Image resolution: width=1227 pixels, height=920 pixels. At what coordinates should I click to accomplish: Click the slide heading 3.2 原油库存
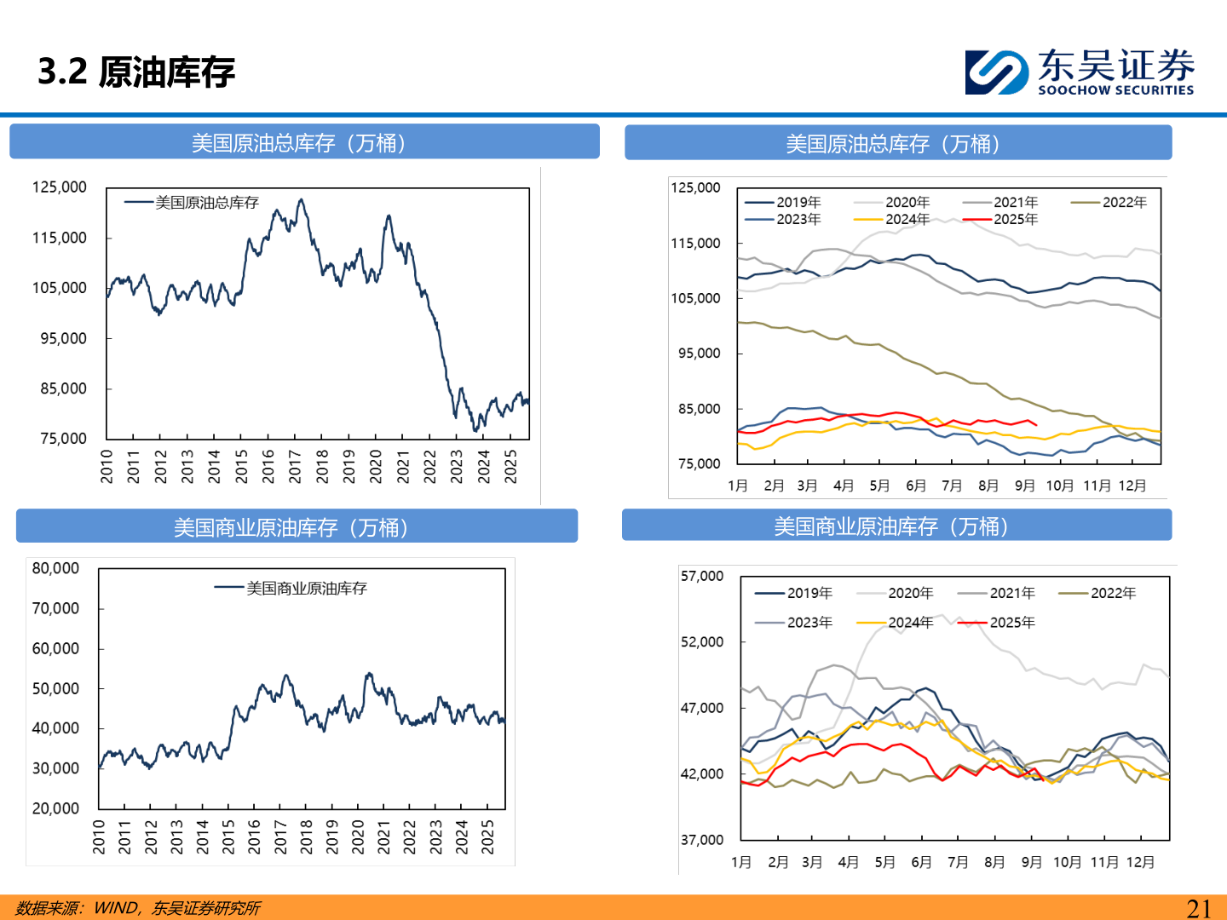[x=136, y=72]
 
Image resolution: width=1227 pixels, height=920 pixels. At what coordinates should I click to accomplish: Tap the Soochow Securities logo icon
[x=996, y=72]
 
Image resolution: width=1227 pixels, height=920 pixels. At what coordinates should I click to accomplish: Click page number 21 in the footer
[x=1198, y=908]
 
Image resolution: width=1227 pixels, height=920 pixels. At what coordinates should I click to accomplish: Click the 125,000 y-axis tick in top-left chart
[x=59, y=187]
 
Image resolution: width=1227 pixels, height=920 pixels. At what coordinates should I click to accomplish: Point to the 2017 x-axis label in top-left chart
[x=295, y=467]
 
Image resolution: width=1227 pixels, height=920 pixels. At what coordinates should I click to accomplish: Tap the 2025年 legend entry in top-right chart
[x=1015, y=220]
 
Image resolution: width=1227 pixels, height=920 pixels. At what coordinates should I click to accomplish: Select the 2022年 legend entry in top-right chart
[x=1124, y=203]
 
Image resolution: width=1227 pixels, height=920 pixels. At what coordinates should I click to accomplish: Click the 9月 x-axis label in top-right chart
[x=1024, y=486]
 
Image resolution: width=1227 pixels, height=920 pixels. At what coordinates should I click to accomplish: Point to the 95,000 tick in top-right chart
[x=699, y=354]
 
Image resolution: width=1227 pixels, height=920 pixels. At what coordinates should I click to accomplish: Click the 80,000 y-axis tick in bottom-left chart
[x=55, y=568]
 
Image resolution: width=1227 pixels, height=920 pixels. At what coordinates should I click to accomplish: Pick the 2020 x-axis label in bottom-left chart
[x=358, y=837]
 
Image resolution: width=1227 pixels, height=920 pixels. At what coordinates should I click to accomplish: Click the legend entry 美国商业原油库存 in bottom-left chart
[x=306, y=589]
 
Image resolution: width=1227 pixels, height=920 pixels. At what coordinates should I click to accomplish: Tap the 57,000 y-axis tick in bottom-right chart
[x=702, y=577]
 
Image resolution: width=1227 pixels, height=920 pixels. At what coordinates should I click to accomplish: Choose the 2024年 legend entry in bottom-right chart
[x=910, y=623]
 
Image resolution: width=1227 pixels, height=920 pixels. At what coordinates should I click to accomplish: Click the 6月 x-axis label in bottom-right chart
[x=921, y=862]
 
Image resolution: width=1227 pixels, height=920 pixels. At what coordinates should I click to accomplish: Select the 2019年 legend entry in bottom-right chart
[x=809, y=593]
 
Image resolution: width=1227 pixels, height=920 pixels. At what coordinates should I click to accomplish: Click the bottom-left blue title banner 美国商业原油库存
[x=297, y=527]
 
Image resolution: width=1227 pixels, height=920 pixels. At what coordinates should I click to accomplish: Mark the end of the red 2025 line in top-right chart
[x=1036, y=424]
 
